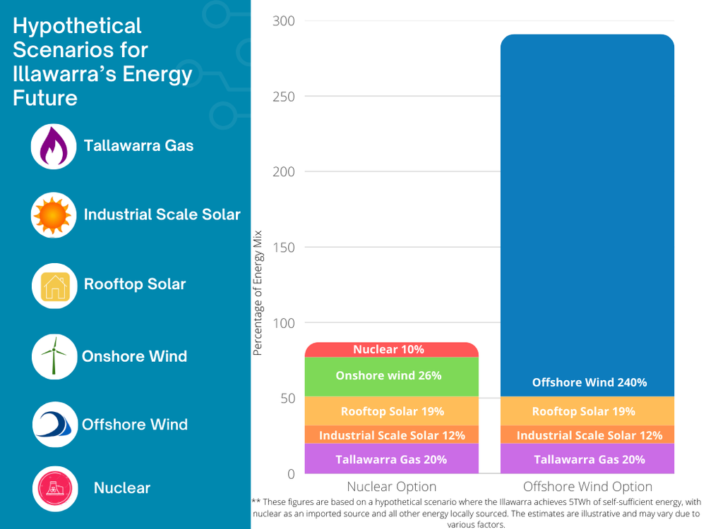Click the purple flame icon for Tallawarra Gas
(53, 147)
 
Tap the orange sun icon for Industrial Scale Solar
(53, 215)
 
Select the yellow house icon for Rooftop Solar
(54, 286)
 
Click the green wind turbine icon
(54, 355)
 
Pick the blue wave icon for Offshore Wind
(54, 425)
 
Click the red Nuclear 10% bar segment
(391, 350)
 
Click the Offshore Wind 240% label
(589, 382)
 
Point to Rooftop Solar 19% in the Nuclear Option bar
(392, 411)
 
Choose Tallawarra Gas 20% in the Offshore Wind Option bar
(589, 459)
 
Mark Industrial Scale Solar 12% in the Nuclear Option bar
(391, 435)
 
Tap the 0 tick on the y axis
(289, 473)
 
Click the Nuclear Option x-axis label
(391, 487)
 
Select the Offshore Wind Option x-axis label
(587, 487)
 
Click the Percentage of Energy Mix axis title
(258, 292)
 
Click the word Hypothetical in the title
(78, 26)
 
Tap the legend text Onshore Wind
(134, 356)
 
